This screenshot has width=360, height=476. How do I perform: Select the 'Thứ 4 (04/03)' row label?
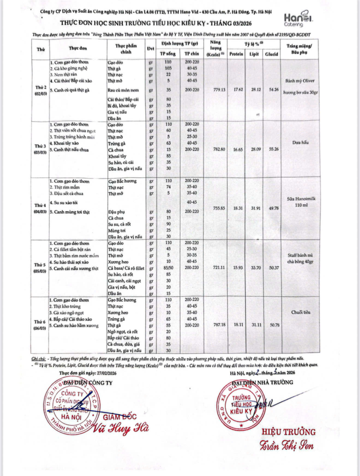pyautogui.click(x=40, y=208)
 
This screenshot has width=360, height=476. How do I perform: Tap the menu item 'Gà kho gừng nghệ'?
pyautogui.click(x=71, y=69)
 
